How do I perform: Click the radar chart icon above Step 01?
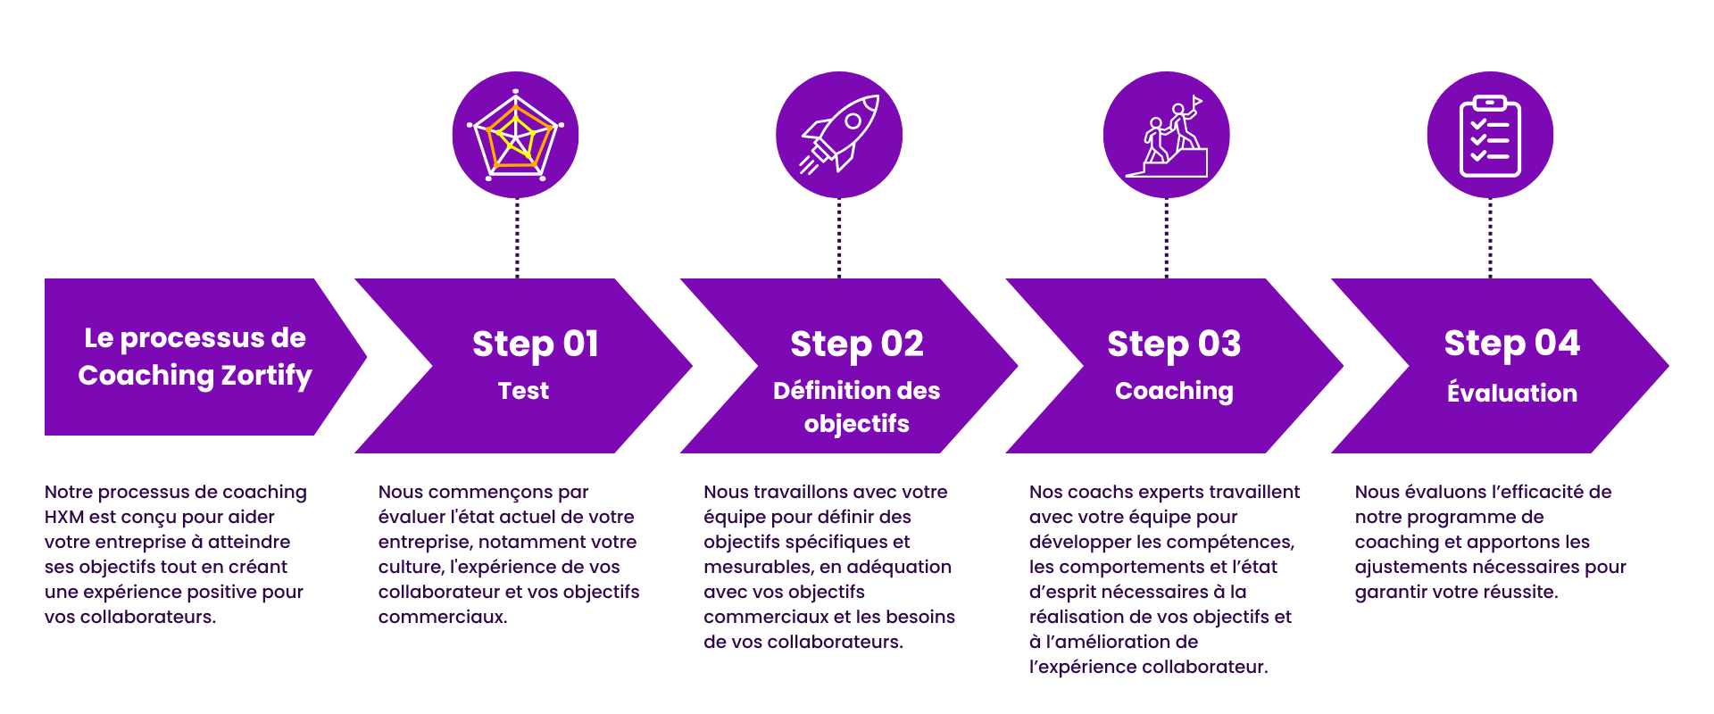pos(516,135)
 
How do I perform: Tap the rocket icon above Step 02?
pos(839,135)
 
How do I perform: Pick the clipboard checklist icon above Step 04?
pos(1490,135)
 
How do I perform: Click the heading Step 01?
pos(536,345)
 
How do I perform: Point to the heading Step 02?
pos(857,345)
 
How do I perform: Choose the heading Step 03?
pos(1174,345)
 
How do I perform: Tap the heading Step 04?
pos(1512,344)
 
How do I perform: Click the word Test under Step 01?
pos(523,391)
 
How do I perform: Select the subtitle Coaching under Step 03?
pos(1174,392)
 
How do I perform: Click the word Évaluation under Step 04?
pos(1512,392)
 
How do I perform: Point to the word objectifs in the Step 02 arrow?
pos(857,424)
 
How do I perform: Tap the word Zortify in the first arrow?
pos(267,377)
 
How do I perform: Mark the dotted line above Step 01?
pos(517,238)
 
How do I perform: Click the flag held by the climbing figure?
pos(1197,103)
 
